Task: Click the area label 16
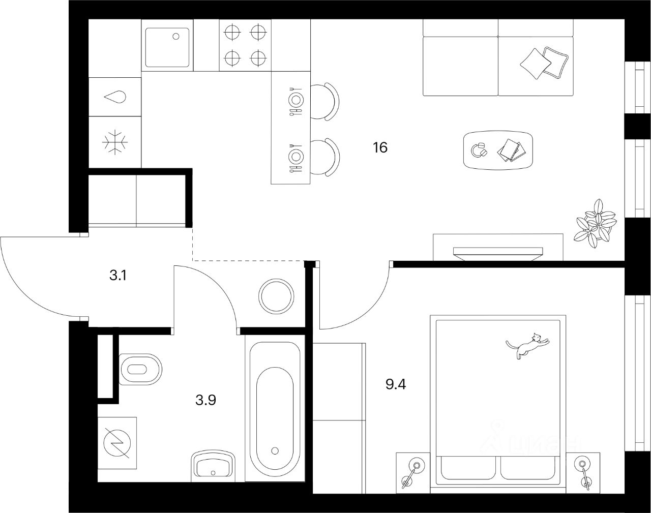(x=380, y=148)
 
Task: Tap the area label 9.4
(x=396, y=383)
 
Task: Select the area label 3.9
(x=206, y=400)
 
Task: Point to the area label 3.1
(x=117, y=276)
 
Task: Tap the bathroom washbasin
(x=213, y=465)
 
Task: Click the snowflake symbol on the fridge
(x=115, y=142)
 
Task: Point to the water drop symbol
(x=115, y=97)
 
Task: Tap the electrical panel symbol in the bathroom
(x=117, y=442)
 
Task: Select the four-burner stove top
(x=246, y=45)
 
